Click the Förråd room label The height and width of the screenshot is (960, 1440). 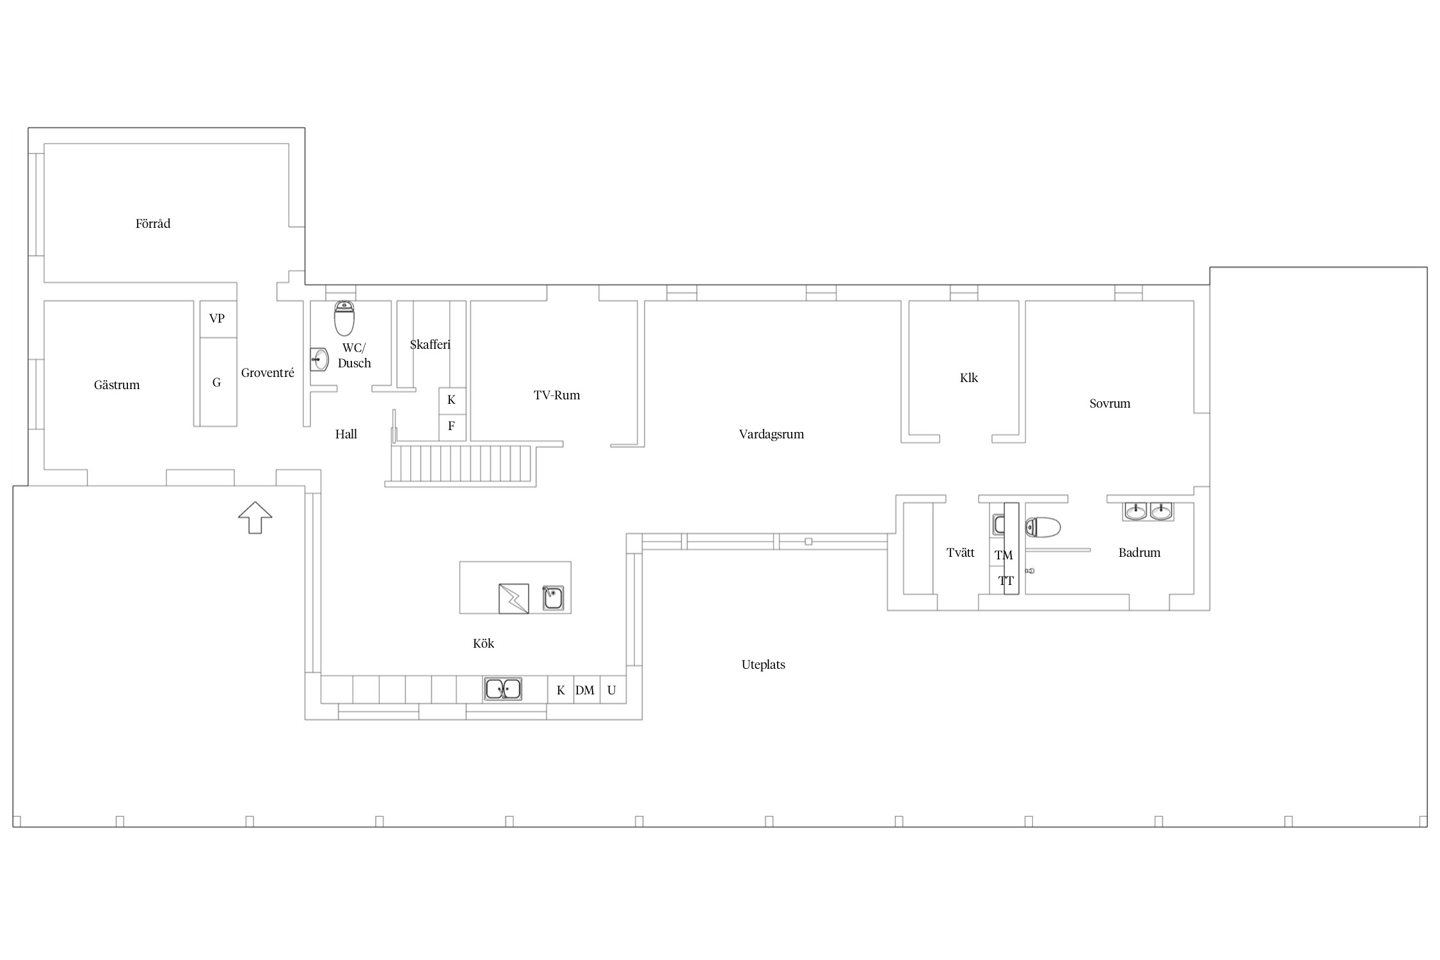153,223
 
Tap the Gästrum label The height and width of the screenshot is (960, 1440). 116,385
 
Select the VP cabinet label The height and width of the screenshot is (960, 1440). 217,318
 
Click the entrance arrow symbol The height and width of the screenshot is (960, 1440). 255,517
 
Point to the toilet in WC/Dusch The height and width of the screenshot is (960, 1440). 344,318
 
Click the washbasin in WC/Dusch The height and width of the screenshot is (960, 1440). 319,360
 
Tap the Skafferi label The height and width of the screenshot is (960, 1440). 430,344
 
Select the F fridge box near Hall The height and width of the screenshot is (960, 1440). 452,427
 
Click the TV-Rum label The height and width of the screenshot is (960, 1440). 557,395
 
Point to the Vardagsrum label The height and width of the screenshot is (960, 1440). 771,434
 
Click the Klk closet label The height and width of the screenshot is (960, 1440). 969,378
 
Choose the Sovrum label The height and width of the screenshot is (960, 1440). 1110,403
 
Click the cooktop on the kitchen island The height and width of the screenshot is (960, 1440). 514,598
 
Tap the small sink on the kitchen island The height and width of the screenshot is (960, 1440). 553,598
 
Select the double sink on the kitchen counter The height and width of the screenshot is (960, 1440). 502,689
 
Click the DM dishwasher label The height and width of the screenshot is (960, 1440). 585,690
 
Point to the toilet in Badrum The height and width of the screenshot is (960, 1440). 1043,527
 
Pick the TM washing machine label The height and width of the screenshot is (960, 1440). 1004,555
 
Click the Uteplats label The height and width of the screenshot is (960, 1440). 764,664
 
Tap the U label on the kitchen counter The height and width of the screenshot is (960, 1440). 612,690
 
